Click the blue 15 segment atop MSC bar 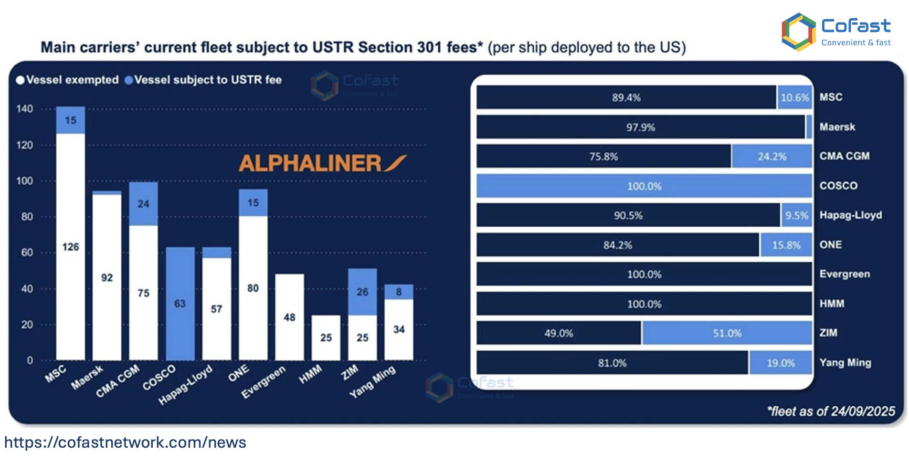(x=71, y=120)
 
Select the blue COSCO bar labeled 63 (x=180, y=304)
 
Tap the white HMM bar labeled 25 (x=326, y=337)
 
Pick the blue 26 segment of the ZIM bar (x=362, y=292)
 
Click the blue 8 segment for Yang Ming (x=399, y=292)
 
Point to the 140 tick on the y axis (x=25, y=109)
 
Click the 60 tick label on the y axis (x=27, y=253)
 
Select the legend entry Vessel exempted (x=67, y=80)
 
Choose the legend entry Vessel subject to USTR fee (x=203, y=80)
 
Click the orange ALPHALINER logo (x=323, y=163)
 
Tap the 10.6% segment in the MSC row (x=794, y=97)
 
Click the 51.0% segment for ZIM (x=727, y=333)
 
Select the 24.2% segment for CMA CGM (x=772, y=157)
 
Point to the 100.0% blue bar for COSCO (x=644, y=186)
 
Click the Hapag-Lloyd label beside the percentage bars (x=851, y=215)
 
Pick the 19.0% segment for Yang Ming (x=781, y=363)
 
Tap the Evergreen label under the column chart (x=264, y=382)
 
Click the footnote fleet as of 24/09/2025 (x=831, y=411)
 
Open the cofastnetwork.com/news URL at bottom (x=125, y=442)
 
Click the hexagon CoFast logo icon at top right (x=799, y=32)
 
